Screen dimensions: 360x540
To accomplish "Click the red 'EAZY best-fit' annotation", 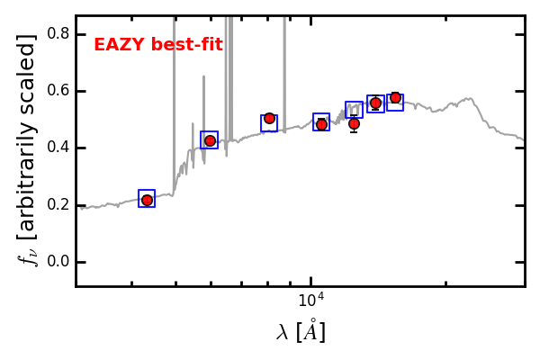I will point(158,45).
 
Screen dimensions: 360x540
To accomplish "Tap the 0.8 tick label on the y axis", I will point(58,33).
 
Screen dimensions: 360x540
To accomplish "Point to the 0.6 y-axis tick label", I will point(58,91).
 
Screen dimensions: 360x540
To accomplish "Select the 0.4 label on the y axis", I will point(58,148).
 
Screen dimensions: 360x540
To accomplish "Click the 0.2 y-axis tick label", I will point(58,205).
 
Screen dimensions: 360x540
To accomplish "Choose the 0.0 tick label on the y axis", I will point(58,262).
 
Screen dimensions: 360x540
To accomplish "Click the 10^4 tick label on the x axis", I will point(311,300).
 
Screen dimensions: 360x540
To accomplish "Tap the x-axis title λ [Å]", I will point(301,332).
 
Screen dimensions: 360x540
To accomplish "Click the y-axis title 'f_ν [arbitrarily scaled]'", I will point(28,149).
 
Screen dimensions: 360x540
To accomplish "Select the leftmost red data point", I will point(147,200).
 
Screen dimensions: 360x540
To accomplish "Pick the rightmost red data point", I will point(395,97).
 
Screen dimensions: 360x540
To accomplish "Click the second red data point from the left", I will point(210,140).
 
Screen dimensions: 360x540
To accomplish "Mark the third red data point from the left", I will point(269,118).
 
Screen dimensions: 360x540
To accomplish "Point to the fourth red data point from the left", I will point(321,124).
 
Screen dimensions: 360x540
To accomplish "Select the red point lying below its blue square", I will point(354,124).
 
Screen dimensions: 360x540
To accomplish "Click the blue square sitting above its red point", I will point(354,110).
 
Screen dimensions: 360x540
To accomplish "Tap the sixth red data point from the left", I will point(375,103).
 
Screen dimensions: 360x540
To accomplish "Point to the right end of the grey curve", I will point(524,139).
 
